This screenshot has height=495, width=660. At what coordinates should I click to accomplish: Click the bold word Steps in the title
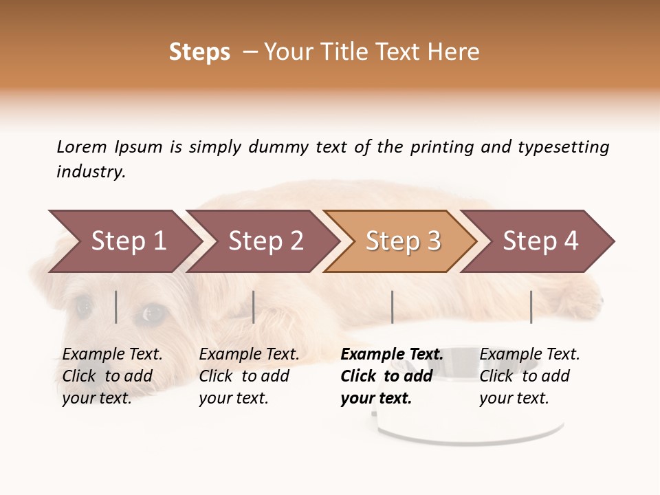point(199,52)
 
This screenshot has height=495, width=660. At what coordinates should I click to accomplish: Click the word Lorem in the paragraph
point(82,146)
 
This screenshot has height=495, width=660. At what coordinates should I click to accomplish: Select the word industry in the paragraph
point(90,172)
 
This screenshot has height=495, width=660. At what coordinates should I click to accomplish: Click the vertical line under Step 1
point(116,307)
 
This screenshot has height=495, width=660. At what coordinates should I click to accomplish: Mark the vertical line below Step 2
point(254,307)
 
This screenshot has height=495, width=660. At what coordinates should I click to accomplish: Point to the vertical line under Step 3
point(392,307)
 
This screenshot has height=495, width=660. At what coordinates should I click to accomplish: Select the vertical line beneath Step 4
point(531,307)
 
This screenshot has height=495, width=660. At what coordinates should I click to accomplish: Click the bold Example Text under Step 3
point(392,355)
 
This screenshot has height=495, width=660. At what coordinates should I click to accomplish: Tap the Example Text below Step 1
point(112,355)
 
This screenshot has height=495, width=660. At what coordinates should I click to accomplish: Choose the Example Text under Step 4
point(529,355)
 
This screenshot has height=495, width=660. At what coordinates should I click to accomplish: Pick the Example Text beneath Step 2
point(249,355)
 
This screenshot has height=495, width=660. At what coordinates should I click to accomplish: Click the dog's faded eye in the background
point(153,313)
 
